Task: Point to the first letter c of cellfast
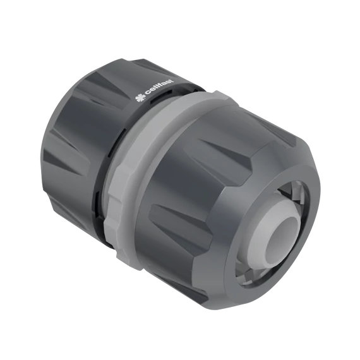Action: pos(146,97)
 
